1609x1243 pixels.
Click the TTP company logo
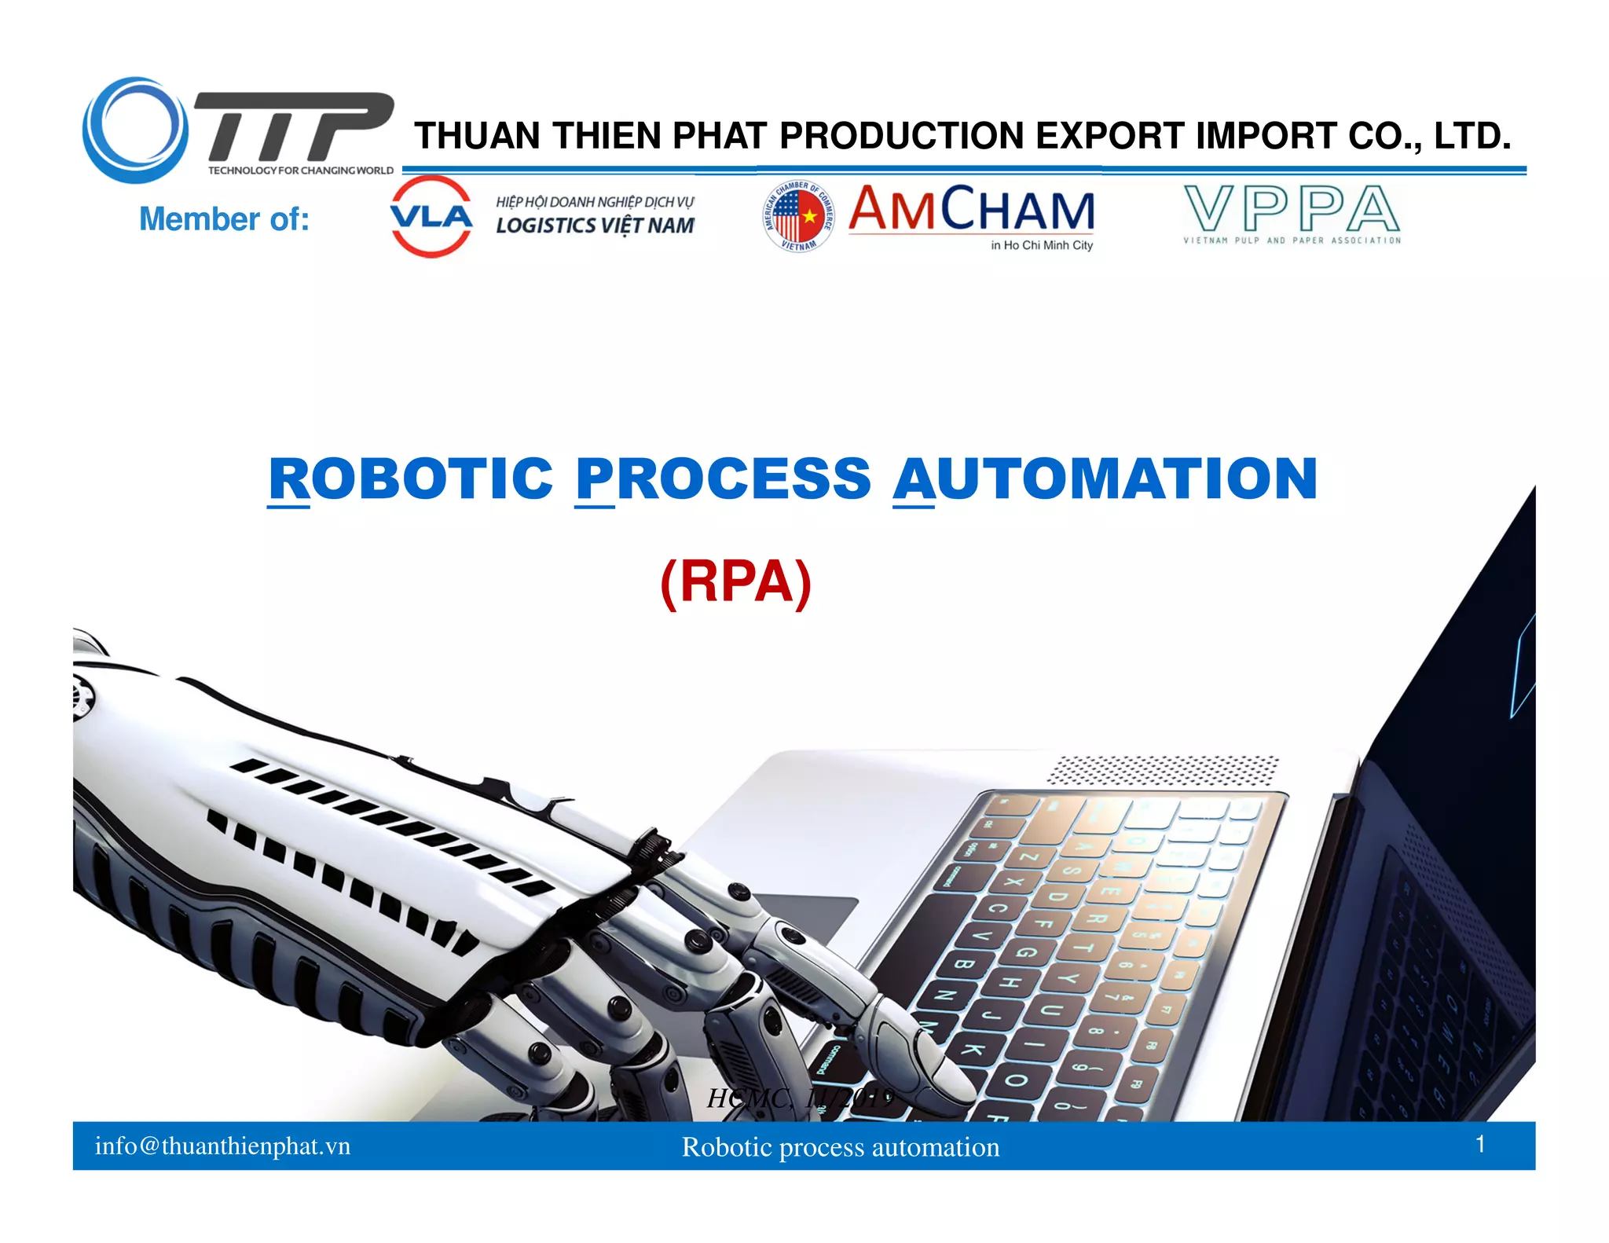click(x=236, y=130)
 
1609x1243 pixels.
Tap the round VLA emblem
click(x=431, y=216)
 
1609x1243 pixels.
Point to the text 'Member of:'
click(x=224, y=219)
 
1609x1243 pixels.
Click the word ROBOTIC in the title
click(x=411, y=478)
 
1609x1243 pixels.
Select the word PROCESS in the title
click(x=723, y=478)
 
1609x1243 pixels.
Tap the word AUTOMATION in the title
click(x=1105, y=478)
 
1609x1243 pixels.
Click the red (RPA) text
click(x=735, y=582)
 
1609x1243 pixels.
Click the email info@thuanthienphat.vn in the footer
click(x=222, y=1146)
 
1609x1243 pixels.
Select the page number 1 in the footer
click(x=1479, y=1144)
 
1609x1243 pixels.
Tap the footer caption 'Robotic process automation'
click(x=840, y=1147)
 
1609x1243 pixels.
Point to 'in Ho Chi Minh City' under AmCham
click(x=1041, y=245)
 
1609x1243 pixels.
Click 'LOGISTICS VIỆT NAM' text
click(x=595, y=225)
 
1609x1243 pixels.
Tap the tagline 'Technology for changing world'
click(x=300, y=170)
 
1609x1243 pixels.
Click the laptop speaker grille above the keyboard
click(x=1163, y=770)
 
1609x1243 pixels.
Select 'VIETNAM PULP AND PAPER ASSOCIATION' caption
click(x=1292, y=240)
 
